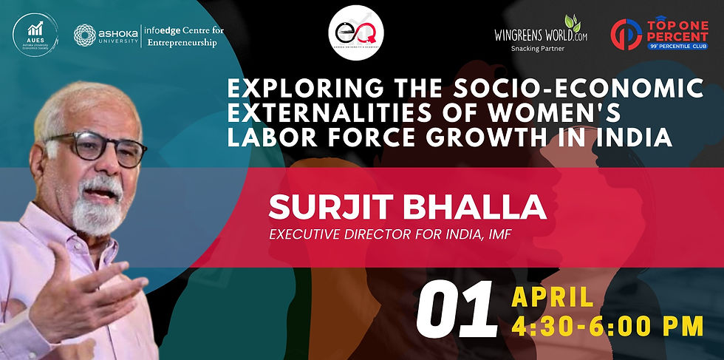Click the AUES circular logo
[35, 35]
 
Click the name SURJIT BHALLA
[407, 208]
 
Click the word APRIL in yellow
[554, 297]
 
